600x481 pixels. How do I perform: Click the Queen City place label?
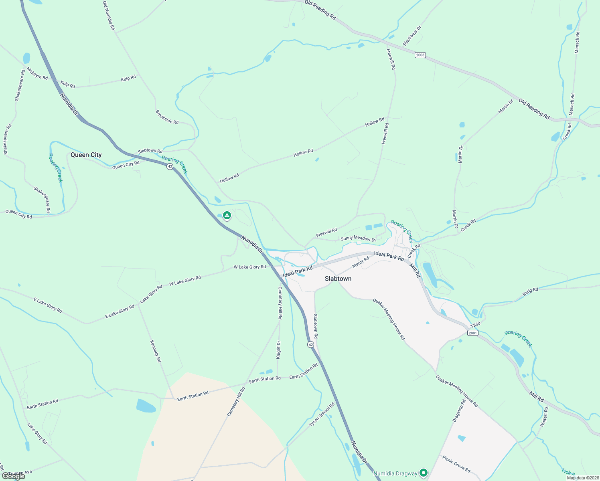(86, 155)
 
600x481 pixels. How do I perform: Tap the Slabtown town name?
(338, 279)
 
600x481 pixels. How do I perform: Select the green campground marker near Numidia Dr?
(227, 216)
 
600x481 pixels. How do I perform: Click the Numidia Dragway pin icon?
(424, 473)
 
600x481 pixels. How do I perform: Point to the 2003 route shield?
(420, 55)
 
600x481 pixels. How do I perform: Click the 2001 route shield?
(473, 333)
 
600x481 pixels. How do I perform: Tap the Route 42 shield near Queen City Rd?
(170, 166)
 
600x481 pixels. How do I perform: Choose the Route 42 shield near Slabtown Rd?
(310, 344)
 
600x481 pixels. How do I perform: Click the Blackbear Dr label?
(412, 36)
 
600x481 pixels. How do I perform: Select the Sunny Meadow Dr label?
(358, 238)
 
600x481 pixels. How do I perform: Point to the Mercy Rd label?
(361, 262)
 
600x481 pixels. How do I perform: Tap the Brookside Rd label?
(167, 117)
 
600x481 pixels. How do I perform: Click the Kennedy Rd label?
(156, 351)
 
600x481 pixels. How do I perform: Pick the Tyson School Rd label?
(322, 415)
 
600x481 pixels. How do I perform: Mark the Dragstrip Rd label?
(459, 410)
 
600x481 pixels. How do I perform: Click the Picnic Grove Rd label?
(456, 463)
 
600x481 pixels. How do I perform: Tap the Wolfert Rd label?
(544, 417)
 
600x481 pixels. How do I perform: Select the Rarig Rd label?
(530, 291)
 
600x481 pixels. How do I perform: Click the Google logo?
(13, 476)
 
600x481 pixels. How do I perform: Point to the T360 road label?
(475, 325)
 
